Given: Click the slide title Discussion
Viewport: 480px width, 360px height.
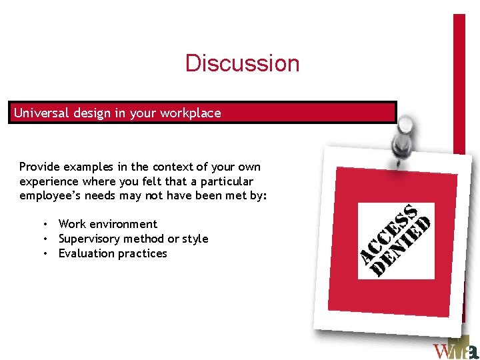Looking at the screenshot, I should click(243, 63).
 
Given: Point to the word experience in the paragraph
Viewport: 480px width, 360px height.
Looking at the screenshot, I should click(47, 181).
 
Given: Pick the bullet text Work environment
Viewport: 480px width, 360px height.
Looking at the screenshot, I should click(108, 224).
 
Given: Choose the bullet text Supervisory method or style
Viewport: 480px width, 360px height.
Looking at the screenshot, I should click(133, 239).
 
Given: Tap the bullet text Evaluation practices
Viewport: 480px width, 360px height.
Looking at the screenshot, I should click(113, 253).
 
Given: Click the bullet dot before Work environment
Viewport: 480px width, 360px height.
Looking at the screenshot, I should click(45, 224).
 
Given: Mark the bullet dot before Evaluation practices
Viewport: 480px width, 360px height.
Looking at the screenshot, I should click(45, 253).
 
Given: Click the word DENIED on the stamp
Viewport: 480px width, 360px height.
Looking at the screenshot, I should click(403, 247).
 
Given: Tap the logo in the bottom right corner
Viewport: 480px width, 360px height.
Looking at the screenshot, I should click(455, 349).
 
